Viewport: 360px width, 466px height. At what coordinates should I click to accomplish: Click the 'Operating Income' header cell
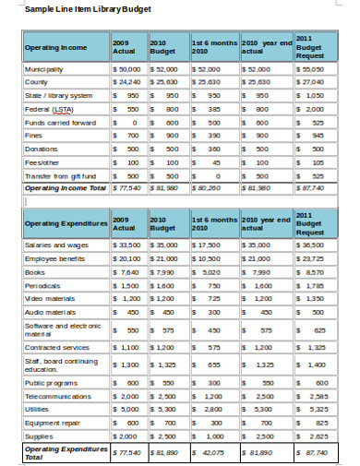pos(54,49)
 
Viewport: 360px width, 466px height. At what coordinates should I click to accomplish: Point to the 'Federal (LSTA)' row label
pos(47,109)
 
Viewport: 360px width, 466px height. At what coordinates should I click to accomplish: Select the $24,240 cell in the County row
pos(127,82)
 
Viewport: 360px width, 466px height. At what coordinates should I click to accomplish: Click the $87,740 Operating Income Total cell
pos(312,188)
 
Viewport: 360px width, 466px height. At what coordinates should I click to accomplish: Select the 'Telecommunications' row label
pos(58,395)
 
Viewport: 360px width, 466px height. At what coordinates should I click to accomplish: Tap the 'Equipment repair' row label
pos(54,422)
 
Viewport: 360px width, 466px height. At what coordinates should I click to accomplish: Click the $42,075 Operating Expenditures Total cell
pos(210,453)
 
